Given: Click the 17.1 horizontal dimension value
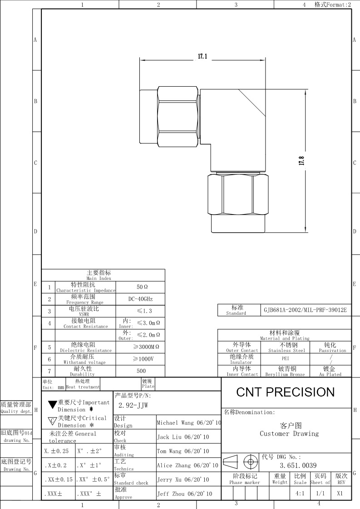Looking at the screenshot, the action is coord(202,57).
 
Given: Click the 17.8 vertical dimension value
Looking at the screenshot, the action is coord(301,161).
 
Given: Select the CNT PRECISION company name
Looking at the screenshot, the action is coord(285,392).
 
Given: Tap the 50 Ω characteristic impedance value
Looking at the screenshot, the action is coord(142,287).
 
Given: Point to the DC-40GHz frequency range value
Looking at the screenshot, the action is coord(140,299).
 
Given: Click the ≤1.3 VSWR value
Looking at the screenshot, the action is coord(144,311).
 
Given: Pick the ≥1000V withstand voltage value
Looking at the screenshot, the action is coord(143,359).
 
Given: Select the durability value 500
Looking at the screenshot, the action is coord(141,371).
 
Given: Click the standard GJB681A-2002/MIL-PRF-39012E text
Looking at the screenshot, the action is coord(305,310).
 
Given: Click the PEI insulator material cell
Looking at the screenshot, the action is coord(285,358).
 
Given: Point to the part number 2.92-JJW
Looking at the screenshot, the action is coord(133,406).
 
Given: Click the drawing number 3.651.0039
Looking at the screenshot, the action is coord(298,465).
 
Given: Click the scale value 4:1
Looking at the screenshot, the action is coord(300,494).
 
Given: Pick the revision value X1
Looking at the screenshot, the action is coord(340,494).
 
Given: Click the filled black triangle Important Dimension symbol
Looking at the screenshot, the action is coord(53,405).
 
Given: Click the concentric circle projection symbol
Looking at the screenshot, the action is coord(251,462).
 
